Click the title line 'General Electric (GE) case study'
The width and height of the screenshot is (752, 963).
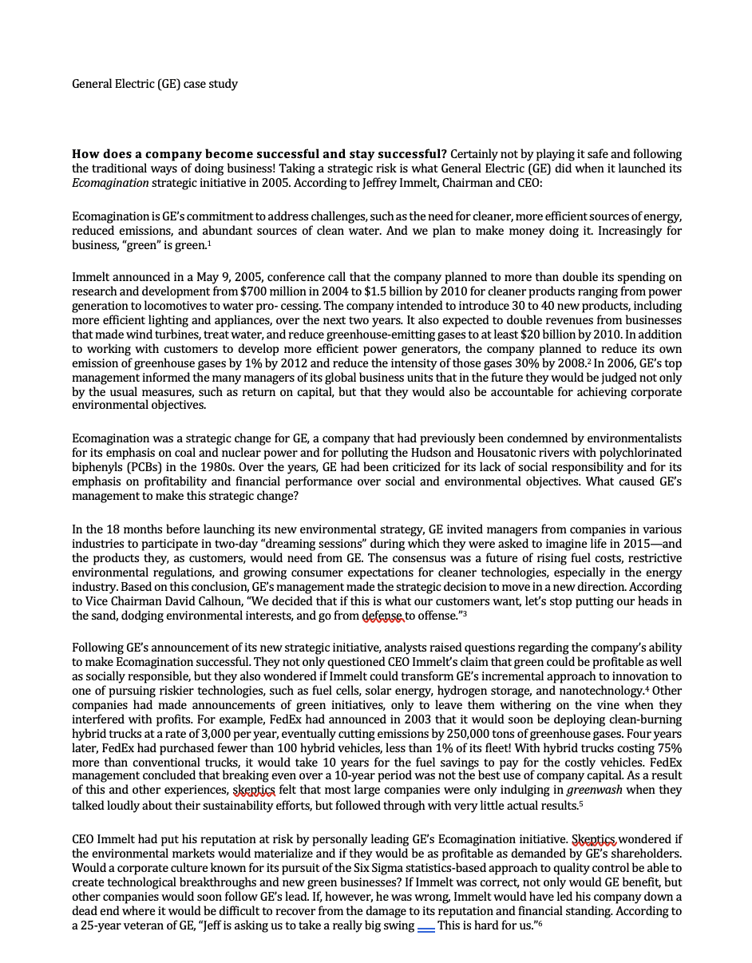(x=154, y=84)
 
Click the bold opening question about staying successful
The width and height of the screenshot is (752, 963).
(x=259, y=154)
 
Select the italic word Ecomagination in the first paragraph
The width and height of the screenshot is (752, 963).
(x=110, y=183)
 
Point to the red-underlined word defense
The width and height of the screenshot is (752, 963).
(x=383, y=616)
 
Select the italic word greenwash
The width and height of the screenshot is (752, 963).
(x=594, y=791)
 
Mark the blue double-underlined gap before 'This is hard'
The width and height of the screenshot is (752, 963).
(x=426, y=925)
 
